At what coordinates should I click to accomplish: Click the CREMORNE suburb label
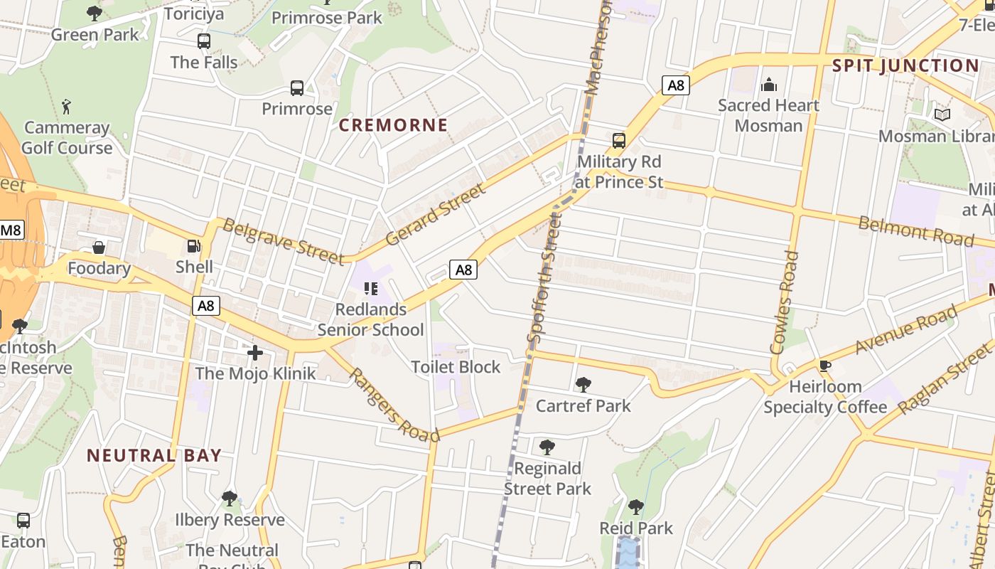pyautogui.click(x=393, y=125)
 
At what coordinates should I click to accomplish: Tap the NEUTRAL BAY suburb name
pyautogui.click(x=154, y=455)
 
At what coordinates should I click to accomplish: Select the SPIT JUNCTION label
pyautogui.click(x=905, y=65)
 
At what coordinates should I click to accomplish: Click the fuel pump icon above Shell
pyautogui.click(x=193, y=246)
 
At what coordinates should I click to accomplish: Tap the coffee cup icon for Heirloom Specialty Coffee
pyautogui.click(x=824, y=366)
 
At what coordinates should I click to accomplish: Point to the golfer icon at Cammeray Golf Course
pyautogui.click(x=67, y=107)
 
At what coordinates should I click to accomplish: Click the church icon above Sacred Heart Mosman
pyautogui.click(x=768, y=85)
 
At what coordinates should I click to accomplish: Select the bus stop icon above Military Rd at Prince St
pyautogui.click(x=619, y=140)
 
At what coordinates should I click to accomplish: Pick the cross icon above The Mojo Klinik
pyautogui.click(x=255, y=352)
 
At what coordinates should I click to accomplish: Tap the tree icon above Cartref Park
pyautogui.click(x=583, y=385)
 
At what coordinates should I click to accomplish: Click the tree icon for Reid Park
pyautogui.click(x=636, y=507)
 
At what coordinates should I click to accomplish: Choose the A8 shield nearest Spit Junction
pyautogui.click(x=676, y=86)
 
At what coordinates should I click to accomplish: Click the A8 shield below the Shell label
pyautogui.click(x=205, y=306)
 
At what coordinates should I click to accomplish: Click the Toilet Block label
pyautogui.click(x=456, y=367)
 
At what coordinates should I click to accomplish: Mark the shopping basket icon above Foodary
pyautogui.click(x=99, y=248)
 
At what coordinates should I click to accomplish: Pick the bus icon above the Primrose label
pyautogui.click(x=297, y=88)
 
